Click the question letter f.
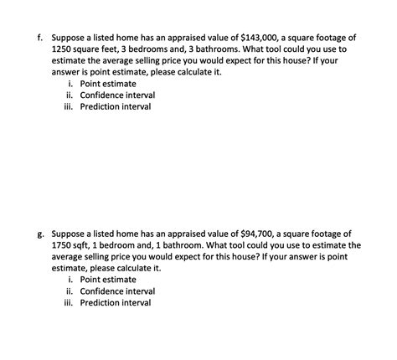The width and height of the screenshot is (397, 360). [39, 38]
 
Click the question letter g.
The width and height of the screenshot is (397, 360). [39, 233]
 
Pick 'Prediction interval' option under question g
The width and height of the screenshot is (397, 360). [116, 302]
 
